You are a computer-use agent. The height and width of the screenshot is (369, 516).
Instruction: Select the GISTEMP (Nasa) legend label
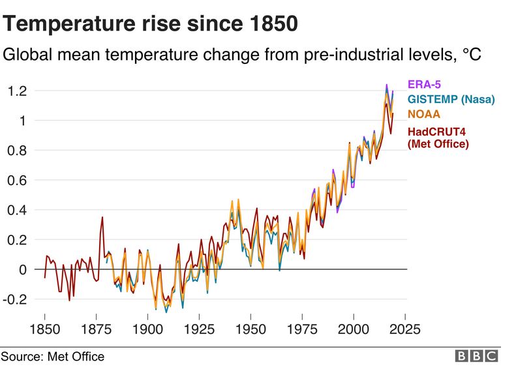pyautogui.click(x=451, y=99)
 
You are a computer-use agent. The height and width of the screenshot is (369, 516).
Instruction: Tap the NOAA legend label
pyautogui.click(x=425, y=114)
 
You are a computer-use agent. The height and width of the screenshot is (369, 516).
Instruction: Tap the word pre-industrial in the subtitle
pyautogui.click(x=342, y=55)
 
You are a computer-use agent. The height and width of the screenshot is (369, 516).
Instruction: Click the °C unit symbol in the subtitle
pyautogui.click(x=472, y=55)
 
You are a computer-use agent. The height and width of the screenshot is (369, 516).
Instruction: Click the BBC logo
pyautogui.click(x=477, y=356)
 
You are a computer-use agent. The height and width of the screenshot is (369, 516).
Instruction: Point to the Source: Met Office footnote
pyautogui.click(x=53, y=357)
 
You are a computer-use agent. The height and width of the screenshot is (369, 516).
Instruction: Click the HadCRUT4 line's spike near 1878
pyautogui.click(x=102, y=217)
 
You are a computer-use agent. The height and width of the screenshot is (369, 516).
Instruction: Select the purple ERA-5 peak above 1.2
pyautogui.click(x=386, y=85)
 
